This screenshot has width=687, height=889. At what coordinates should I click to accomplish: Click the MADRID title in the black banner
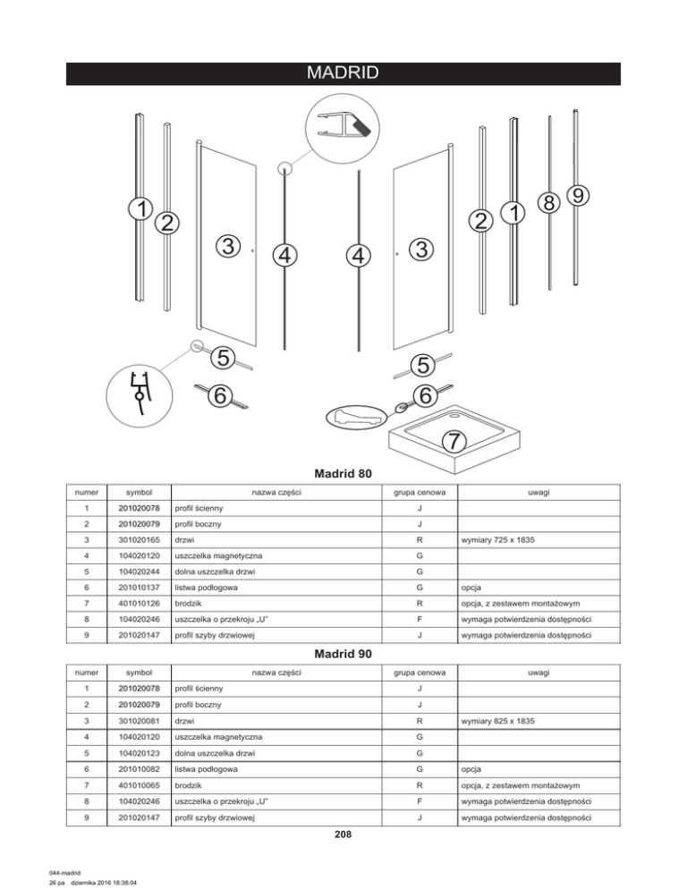(343, 72)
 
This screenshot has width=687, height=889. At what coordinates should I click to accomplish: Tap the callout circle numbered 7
(454, 441)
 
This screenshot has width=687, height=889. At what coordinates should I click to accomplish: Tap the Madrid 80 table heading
(343, 472)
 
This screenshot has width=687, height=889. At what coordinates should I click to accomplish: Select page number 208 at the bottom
(343, 835)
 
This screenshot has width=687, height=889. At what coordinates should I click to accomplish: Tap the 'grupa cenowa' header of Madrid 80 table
(420, 492)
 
